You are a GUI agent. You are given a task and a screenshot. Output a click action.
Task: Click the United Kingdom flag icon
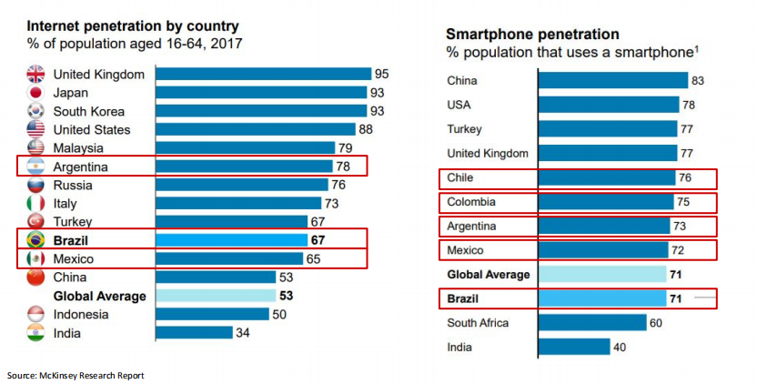pyautogui.click(x=36, y=75)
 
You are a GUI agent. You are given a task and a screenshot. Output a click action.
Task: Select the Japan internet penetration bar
pyautogui.click(x=261, y=93)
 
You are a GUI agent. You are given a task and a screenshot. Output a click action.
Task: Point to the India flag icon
pyautogui.click(x=36, y=333)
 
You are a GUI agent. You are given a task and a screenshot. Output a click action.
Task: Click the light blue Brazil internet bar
pyautogui.click(x=231, y=240)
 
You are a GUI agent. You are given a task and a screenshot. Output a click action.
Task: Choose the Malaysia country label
pyautogui.click(x=78, y=148)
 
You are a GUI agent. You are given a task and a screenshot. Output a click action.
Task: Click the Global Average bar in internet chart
pyautogui.click(x=216, y=296)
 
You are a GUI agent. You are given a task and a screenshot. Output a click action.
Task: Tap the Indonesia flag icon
pyautogui.click(x=36, y=314)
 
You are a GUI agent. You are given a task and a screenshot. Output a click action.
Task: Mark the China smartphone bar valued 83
pyautogui.click(x=613, y=81)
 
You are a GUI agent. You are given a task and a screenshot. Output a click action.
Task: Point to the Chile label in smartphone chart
pyautogui.click(x=461, y=177)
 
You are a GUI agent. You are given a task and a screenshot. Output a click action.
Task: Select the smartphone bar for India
pyautogui.click(x=574, y=347)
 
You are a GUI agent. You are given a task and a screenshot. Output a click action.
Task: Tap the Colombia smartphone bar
pyautogui.click(x=606, y=202)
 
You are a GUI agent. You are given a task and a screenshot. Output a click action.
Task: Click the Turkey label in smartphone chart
pyautogui.click(x=465, y=129)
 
